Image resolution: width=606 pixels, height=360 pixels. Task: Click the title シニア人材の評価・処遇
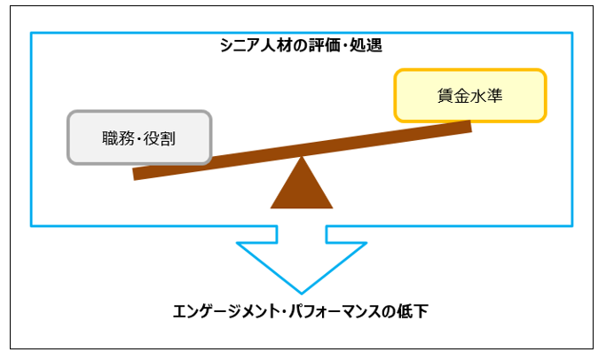302,44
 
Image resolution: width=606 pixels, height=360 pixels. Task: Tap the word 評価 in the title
316,44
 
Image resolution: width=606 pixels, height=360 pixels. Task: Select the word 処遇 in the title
365,44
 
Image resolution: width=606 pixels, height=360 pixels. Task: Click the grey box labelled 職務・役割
139,137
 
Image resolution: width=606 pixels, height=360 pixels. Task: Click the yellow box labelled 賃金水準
470,96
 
